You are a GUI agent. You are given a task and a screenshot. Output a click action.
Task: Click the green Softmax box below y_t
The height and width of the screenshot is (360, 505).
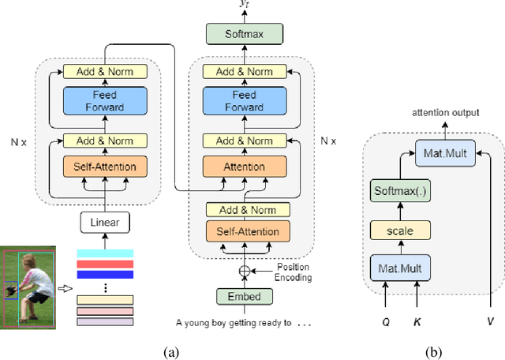(x=244, y=34)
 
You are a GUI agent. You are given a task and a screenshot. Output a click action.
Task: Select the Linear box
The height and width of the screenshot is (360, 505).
(x=105, y=223)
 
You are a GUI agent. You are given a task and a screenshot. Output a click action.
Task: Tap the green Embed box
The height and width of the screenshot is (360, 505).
(x=244, y=296)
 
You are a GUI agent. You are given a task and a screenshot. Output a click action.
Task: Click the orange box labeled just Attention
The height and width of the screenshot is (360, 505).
(x=244, y=167)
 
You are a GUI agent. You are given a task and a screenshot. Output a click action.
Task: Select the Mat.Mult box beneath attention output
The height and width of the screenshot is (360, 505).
(x=444, y=155)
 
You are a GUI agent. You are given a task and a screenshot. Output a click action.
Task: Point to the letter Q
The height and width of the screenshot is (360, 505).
(x=385, y=323)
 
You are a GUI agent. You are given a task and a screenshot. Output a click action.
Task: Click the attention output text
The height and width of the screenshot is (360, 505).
(x=445, y=113)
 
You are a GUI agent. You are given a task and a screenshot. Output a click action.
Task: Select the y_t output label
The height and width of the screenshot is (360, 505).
(x=243, y=5)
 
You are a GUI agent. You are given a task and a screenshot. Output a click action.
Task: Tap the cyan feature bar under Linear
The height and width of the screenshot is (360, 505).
(x=105, y=253)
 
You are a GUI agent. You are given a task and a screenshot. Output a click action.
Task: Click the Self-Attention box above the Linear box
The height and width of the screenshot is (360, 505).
(x=105, y=167)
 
